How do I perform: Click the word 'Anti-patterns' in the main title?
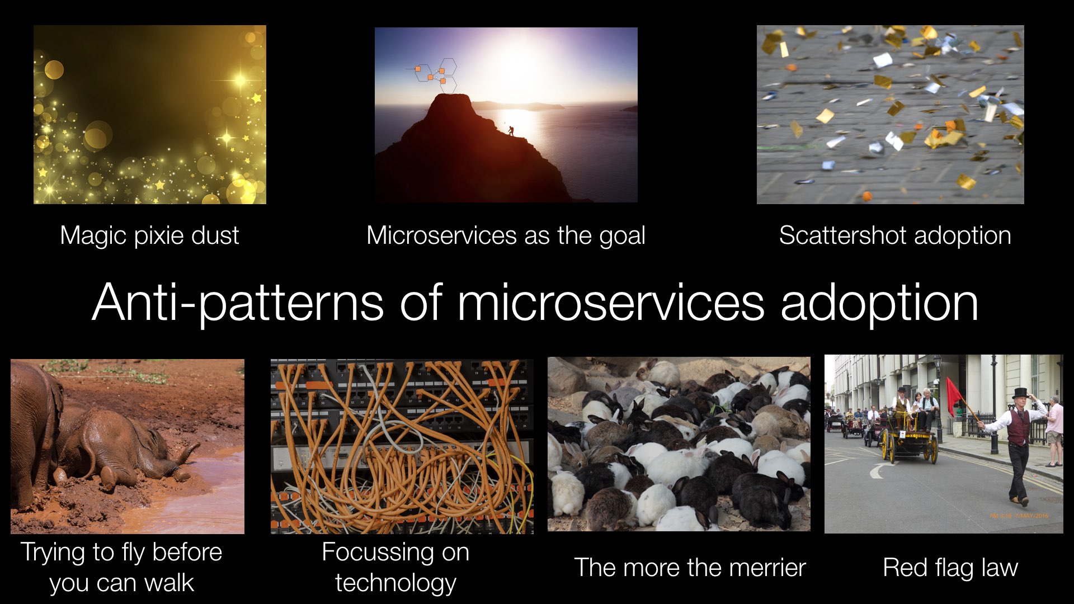point(238,303)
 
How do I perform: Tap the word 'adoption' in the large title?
point(879,303)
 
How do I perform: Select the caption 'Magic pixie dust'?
point(149,235)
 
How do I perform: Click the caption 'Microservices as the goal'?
point(506,235)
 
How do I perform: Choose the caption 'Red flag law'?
point(950,568)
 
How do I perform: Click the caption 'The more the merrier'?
point(690,567)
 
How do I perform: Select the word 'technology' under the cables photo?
point(395,583)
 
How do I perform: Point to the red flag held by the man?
point(954,395)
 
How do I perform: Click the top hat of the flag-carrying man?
point(1021,393)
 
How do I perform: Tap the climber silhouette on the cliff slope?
point(510,130)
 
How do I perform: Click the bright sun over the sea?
point(520,67)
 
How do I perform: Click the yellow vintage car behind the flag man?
point(909,442)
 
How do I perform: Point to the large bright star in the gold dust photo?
point(240,79)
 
